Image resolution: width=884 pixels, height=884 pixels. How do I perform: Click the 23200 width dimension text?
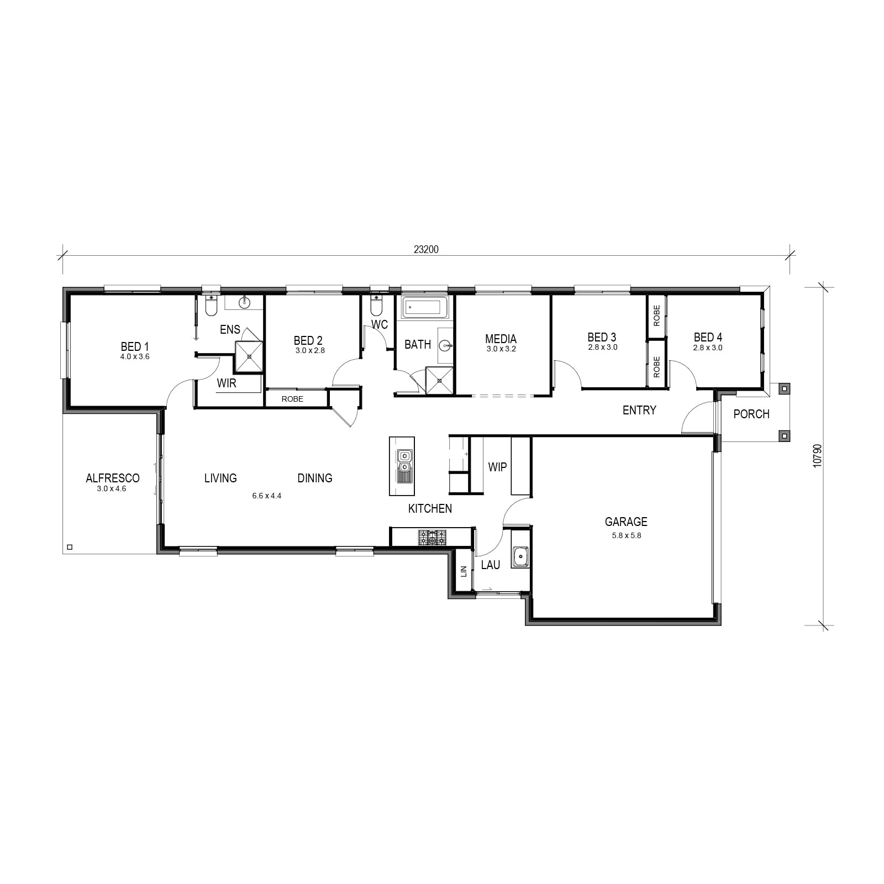(426, 250)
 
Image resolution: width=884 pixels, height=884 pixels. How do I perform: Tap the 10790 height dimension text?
(818, 456)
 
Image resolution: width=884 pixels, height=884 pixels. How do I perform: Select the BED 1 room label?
(135, 346)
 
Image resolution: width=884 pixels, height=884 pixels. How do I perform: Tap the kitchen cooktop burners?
(432, 537)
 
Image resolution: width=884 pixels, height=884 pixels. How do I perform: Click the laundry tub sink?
(520, 557)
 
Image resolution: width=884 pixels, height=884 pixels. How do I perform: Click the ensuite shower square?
(249, 357)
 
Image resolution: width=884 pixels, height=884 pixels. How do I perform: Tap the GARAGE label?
(626, 522)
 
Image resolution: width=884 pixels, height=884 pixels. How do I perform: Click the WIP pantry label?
(497, 467)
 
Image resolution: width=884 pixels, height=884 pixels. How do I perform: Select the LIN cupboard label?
(464, 571)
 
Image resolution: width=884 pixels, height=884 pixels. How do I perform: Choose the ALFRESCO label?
(113, 478)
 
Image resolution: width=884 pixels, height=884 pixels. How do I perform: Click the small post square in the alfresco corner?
(69, 547)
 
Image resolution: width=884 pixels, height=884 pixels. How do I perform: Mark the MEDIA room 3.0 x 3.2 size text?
(501, 349)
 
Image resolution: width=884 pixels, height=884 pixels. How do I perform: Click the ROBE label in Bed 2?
(292, 399)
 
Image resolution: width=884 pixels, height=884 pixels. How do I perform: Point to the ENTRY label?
(639, 410)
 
